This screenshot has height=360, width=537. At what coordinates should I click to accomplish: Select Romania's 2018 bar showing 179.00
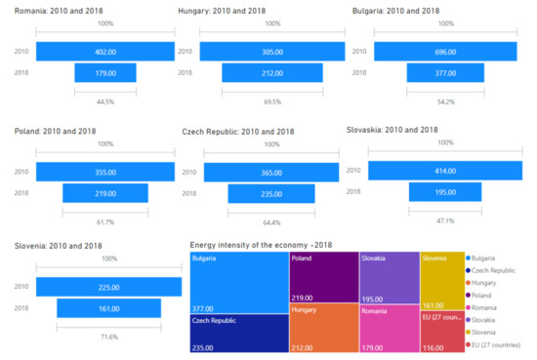105,72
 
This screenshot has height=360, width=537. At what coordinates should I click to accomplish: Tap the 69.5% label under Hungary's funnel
271,100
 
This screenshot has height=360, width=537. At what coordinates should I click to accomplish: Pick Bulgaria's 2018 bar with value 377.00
437,72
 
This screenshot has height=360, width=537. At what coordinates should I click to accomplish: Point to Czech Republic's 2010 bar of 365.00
271,172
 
